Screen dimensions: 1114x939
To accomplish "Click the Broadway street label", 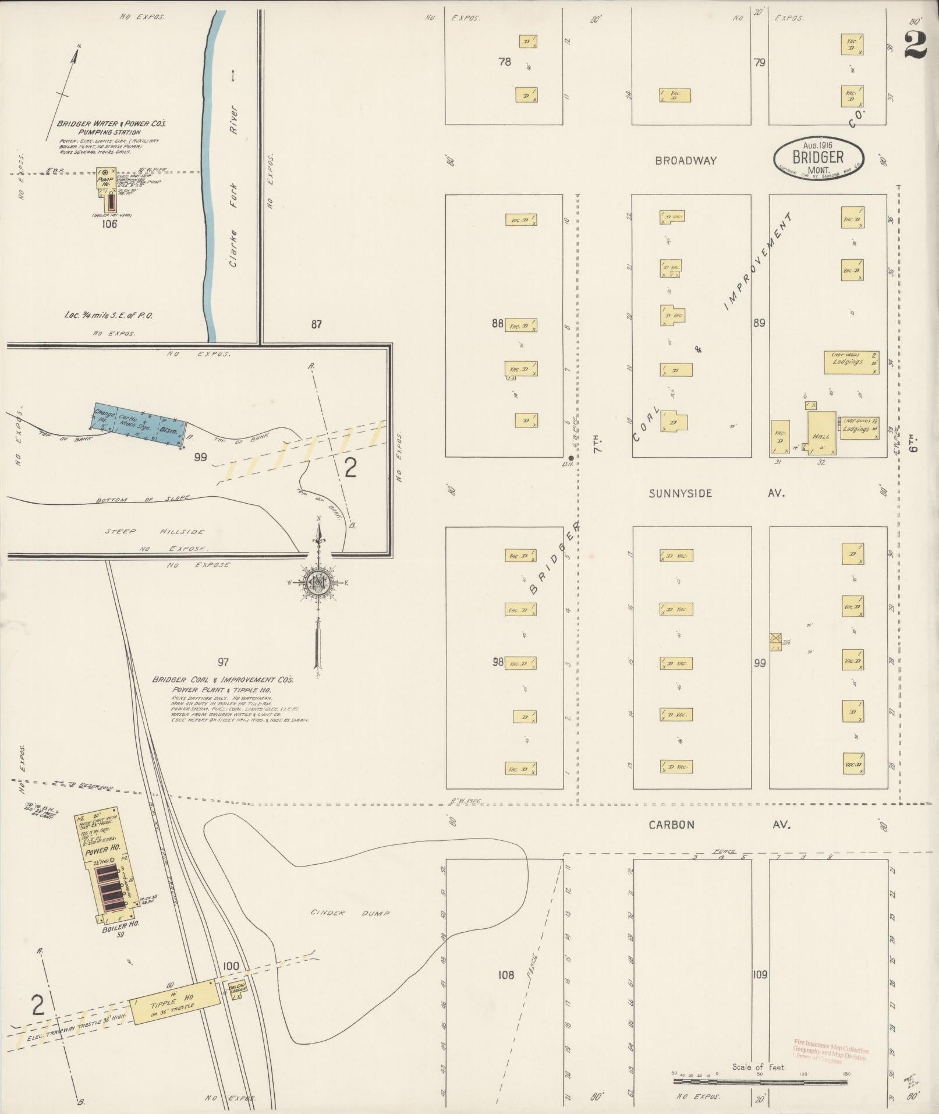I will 685,161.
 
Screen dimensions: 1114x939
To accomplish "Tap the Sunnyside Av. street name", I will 717,493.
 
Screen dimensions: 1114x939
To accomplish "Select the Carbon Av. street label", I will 719,825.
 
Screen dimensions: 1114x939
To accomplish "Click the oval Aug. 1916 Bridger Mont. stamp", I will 818,157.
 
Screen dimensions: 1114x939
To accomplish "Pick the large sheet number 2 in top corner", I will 916,44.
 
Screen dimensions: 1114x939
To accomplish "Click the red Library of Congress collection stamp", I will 830,1052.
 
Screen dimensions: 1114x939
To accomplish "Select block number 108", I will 506,974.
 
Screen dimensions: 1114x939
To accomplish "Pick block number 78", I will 504,61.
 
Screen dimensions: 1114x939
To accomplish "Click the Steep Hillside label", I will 155,532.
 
